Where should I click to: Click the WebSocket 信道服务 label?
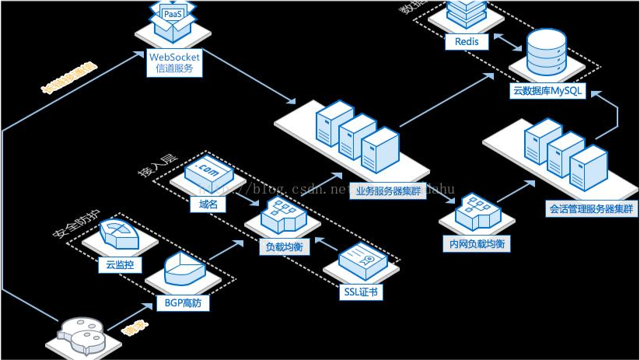174,63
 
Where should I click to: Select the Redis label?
467,41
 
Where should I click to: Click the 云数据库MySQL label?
547,90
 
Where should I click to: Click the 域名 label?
208,204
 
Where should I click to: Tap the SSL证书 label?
361,292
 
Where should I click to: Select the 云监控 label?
120,264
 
